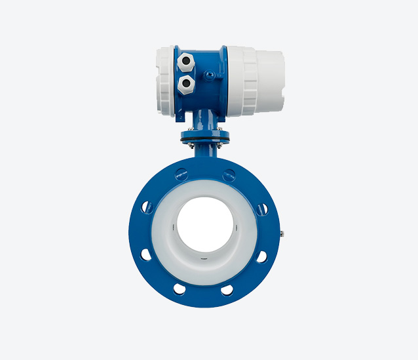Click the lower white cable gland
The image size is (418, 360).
186,83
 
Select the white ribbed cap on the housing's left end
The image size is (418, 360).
166,79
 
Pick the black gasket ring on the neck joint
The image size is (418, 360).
205,138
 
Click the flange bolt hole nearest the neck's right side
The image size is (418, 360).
229,174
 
